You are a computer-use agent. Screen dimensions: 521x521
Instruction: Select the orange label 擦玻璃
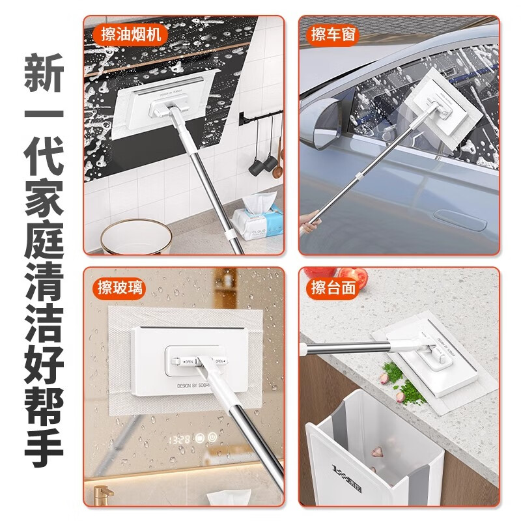tap(119, 287)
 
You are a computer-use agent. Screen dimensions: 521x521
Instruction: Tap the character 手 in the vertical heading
tap(44, 445)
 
